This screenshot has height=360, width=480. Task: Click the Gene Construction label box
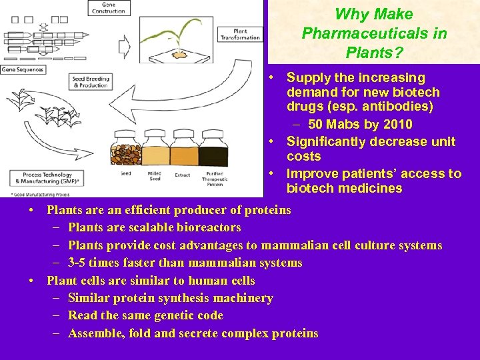pyautogui.click(x=109, y=9)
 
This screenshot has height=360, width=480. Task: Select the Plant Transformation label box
pyautogui.click(x=247, y=33)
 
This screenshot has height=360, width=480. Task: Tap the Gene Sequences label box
pyautogui.click(x=22, y=69)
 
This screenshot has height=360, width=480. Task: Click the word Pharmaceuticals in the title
pyautogui.click(x=374, y=33)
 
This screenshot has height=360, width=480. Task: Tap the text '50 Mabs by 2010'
pyautogui.click(x=360, y=125)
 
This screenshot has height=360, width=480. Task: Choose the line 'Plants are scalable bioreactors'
pyautogui.click(x=154, y=227)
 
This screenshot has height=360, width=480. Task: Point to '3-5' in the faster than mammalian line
pyautogui.click(x=79, y=263)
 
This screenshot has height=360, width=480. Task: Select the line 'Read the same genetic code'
pyautogui.click(x=145, y=315)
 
